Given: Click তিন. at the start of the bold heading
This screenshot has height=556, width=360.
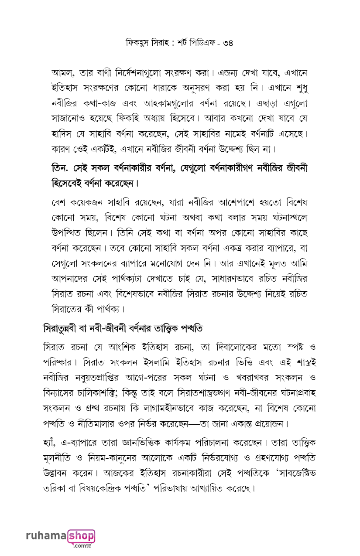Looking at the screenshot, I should tap(61, 168).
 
